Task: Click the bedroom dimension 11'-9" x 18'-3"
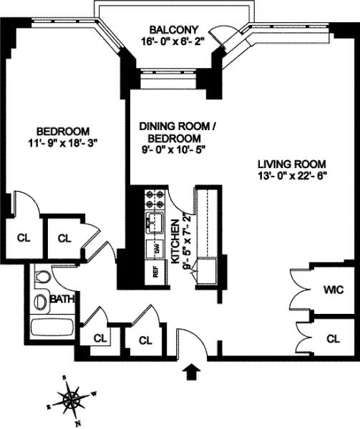63,142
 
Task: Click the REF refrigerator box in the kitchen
153,272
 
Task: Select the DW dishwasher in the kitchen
153,247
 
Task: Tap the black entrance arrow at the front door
193,370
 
